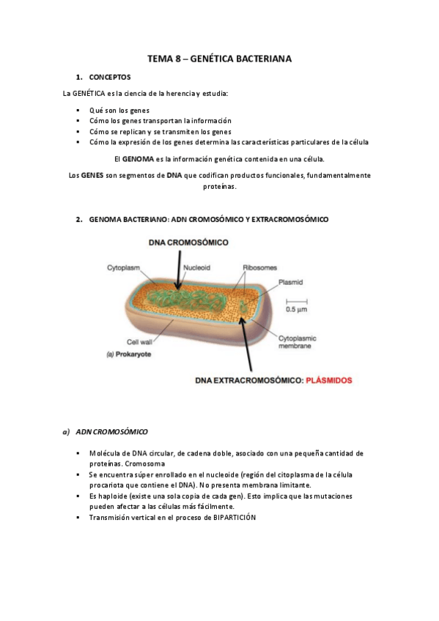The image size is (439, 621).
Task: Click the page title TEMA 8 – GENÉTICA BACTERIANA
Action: tap(220, 58)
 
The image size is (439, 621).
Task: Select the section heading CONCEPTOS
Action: tap(109, 77)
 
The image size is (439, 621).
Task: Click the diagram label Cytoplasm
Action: tap(124, 267)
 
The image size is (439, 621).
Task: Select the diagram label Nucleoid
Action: tap(197, 267)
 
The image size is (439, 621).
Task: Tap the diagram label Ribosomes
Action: tap(260, 267)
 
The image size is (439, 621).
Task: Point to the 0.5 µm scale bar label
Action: tap(295, 309)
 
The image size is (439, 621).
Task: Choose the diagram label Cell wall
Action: tap(139, 341)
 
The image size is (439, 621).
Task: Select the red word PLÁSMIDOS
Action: tap(328, 380)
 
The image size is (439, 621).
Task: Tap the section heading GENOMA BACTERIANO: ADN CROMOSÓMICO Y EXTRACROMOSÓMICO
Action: tap(208, 219)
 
